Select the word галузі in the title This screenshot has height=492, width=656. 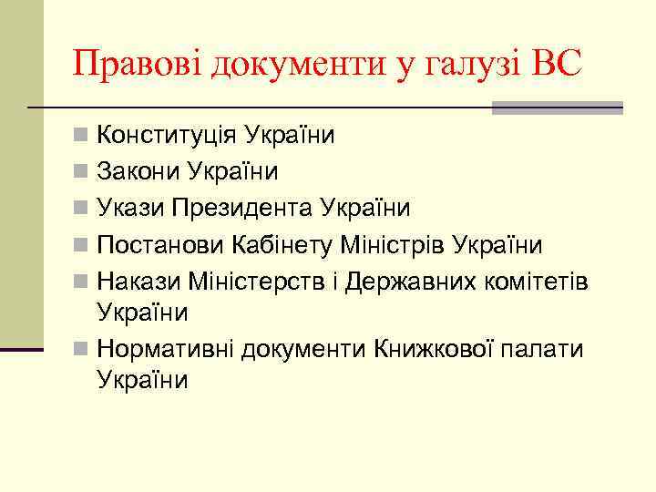[x=463, y=66]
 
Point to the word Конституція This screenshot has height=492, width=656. [x=169, y=136]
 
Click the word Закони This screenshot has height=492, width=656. [x=138, y=172]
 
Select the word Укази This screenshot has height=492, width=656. [x=131, y=209]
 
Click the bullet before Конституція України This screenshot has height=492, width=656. [x=81, y=136]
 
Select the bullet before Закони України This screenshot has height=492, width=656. [x=81, y=172]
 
